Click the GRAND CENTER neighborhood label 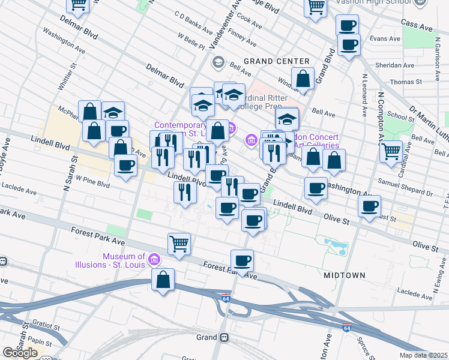(x=276, y=61)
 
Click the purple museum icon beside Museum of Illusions (x=154, y=260)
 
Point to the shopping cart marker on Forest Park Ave (x=179, y=244)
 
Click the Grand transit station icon (x=224, y=337)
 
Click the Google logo (x=20, y=352)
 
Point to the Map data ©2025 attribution (x=423, y=355)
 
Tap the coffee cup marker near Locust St (x=369, y=206)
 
